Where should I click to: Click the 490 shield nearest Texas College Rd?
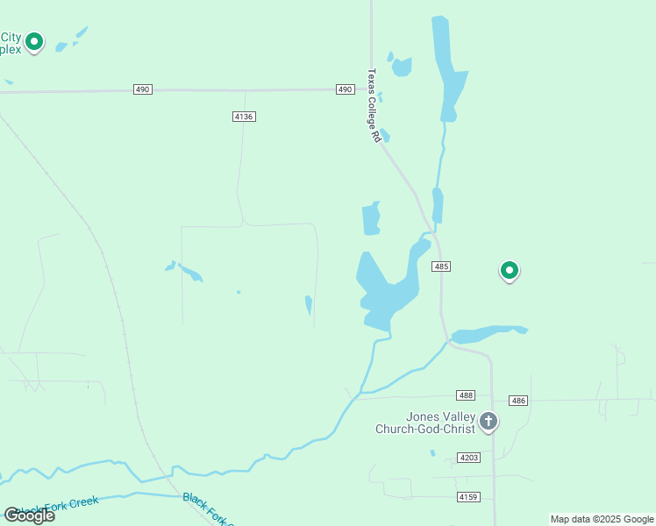click(345, 89)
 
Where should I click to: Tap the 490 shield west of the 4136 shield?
click(143, 89)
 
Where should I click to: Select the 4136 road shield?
click(245, 117)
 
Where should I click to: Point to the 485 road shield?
click(441, 266)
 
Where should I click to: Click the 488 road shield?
click(466, 396)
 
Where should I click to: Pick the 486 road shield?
click(518, 400)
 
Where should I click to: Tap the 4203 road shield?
click(469, 458)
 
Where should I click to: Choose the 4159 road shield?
click(469, 497)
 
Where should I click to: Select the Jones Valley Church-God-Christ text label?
click(425, 423)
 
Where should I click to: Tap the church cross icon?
click(488, 423)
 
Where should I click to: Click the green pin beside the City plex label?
click(34, 41)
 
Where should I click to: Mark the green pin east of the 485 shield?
click(509, 271)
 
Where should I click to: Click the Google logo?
click(29, 515)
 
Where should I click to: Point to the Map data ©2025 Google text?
click(603, 519)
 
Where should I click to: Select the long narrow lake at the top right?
click(449, 70)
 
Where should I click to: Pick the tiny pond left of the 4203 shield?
click(432, 453)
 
